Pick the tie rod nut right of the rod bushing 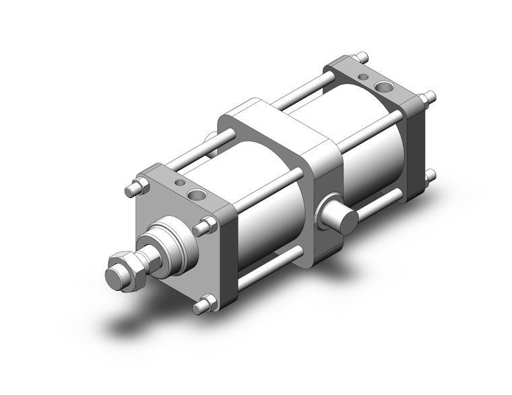(x=205, y=227)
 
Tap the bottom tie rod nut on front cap (x=205, y=304)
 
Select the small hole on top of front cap (x=179, y=182)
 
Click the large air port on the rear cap (x=384, y=86)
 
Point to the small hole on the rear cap (x=363, y=77)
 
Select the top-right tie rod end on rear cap (x=426, y=98)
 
